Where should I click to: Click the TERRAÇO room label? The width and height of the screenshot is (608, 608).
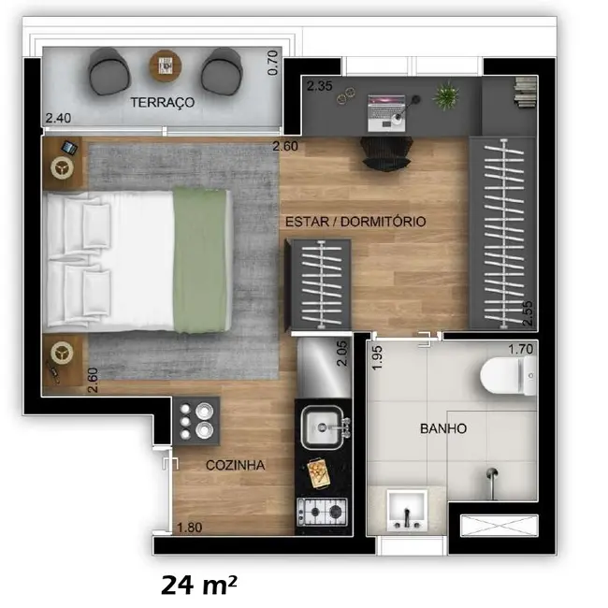[163, 103]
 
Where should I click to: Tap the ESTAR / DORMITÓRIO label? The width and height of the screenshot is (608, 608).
[355, 222]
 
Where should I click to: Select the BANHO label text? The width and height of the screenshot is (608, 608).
[442, 428]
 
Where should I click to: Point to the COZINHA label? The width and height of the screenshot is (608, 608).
[235, 465]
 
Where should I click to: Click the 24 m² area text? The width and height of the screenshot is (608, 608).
[198, 586]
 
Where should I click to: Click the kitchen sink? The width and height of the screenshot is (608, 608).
[324, 429]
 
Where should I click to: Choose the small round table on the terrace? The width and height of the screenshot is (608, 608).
[166, 65]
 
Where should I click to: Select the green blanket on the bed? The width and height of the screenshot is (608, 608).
[200, 260]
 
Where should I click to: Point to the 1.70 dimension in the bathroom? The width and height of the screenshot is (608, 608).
[520, 350]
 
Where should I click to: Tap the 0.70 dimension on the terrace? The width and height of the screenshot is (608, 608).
[273, 62]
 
